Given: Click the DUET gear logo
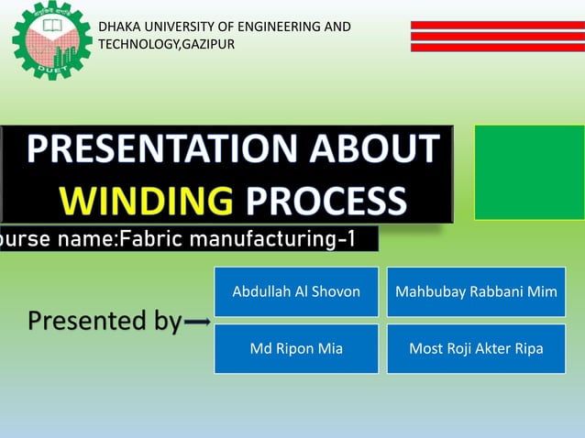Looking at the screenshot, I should (51, 40).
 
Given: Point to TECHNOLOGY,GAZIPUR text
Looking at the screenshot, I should (166, 44).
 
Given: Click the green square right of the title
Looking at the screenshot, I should (529, 172).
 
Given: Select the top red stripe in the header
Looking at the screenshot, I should (497, 25).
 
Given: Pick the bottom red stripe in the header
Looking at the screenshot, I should (497, 47).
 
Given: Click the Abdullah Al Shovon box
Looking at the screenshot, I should (296, 291).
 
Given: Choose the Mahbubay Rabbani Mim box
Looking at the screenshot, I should (476, 291).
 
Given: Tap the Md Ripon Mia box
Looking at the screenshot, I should (296, 348).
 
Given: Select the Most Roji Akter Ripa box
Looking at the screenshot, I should (476, 348).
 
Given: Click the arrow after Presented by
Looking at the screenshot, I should (198, 323).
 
